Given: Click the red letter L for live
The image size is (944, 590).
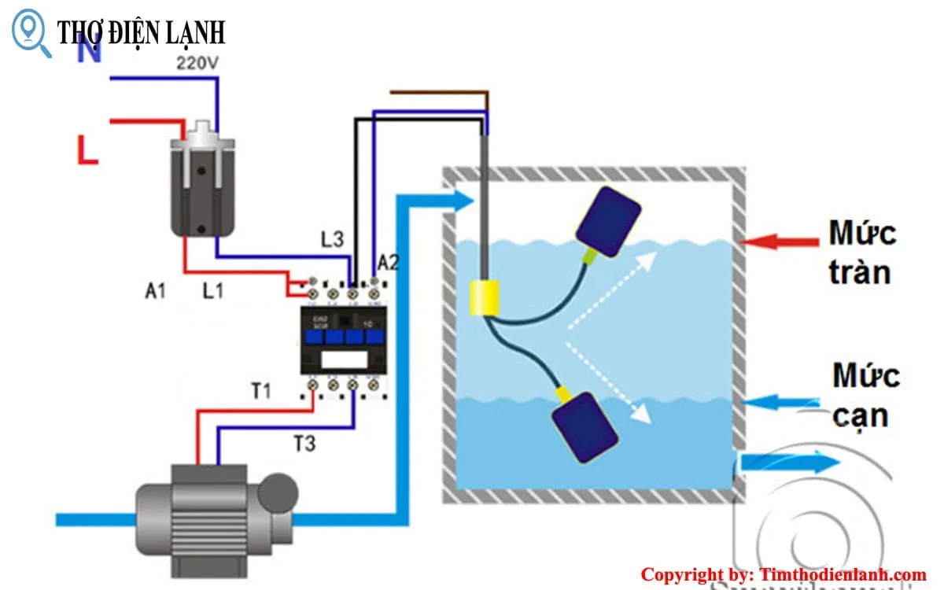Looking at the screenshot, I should tap(87, 150).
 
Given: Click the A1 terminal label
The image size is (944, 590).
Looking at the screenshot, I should tap(155, 290).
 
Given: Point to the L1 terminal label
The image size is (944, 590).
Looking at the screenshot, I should tap(212, 290).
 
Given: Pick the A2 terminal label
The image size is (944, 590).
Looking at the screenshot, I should tap(388, 263).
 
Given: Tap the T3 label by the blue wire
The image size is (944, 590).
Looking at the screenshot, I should tap(304, 444).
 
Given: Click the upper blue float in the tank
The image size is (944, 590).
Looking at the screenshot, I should tap(609, 219).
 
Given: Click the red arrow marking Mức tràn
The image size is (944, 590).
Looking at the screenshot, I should tap(779, 242).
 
